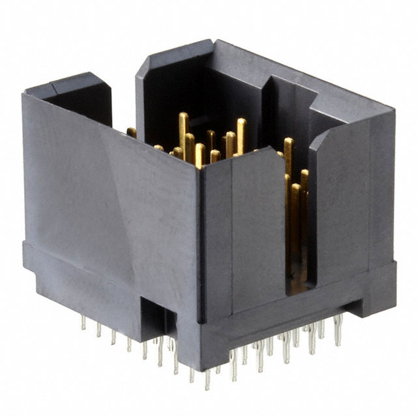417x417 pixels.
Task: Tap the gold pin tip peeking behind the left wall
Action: (x=132, y=132)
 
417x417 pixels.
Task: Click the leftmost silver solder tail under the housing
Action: (x=83, y=322)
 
